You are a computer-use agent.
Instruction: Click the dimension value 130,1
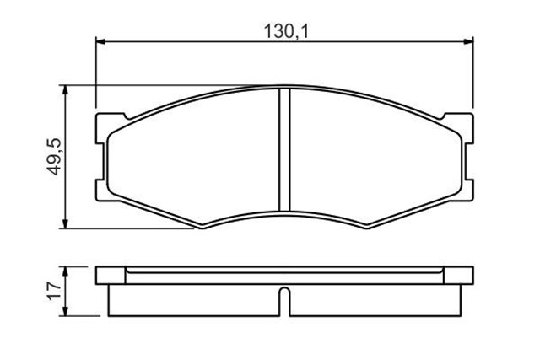[283, 31]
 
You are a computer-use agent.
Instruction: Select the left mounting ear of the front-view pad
[103, 157]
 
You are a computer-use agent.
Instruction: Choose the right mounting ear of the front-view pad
[467, 157]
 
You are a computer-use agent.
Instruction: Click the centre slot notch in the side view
[284, 301]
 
